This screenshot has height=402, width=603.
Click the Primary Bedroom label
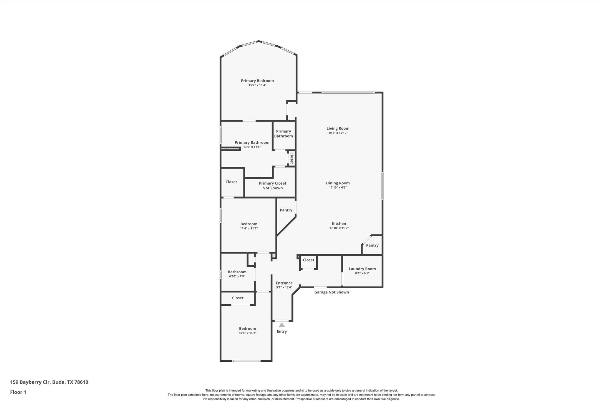pyautogui.click(x=257, y=81)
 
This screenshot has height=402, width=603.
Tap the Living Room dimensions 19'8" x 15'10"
pyautogui.click(x=338, y=133)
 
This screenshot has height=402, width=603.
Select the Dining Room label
pyautogui.click(x=338, y=183)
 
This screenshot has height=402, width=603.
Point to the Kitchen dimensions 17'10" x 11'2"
pyautogui.click(x=339, y=228)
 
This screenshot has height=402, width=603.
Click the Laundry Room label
pyautogui.click(x=362, y=269)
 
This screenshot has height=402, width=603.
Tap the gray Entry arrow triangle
pyautogui.click(x=282, y=325)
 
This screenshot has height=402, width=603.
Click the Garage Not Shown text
pyautogui.click(x=332, y=292)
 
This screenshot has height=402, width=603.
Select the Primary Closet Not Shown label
pyautogui.click(x=272, y=186)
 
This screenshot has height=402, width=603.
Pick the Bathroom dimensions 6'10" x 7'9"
pyautogui.click(x=237, y=276)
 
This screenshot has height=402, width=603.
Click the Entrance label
pyautogui.click(x=284, y=283)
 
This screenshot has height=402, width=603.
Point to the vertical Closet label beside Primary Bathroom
pyautogui.click(x=291, y=158)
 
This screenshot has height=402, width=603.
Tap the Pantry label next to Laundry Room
pyautogui.click(x=372, y=245)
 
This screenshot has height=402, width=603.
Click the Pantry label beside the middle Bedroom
pyautogui.click(x=286, y=210)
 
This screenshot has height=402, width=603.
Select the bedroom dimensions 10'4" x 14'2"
pyautogui.click(x=247, y=333)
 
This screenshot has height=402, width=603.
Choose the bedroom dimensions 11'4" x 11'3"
pyautogui.click(x=249, y=228)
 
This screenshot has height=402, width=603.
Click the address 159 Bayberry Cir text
pyautogui.click(x=49, y=382)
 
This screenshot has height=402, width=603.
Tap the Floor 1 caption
pyautogui.click(x=18, y=392)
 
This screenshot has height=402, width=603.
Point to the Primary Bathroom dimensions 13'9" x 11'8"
pyautogui.click(x=252, y=147)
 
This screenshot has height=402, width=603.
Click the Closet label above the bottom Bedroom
pyautogui.click(x=238, y=298)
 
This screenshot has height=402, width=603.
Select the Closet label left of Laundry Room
pyautogui.click(x=308, y=260)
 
